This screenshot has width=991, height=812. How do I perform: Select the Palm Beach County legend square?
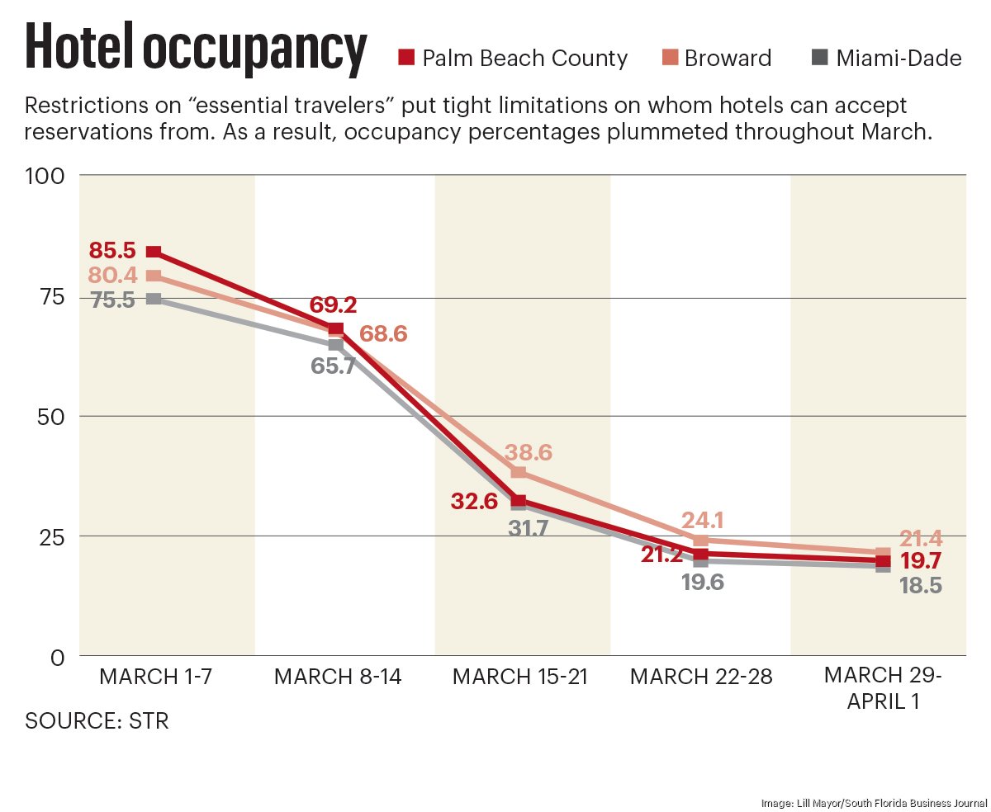(x=405, y=58)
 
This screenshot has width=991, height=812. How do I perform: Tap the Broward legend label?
(x=728, y=59)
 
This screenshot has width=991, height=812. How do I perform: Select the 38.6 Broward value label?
(x=530, y=452)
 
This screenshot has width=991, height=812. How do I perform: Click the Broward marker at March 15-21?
(x=519, y=472)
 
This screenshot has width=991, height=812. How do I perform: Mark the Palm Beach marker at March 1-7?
(x=154, y=252)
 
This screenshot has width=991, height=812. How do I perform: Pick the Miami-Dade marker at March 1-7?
(x=154, y=298)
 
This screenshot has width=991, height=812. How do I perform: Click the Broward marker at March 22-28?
(x=700, y=541)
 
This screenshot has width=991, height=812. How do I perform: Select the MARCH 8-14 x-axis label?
(x=338, y=677)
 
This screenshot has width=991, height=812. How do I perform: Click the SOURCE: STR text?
(x=97, y=720)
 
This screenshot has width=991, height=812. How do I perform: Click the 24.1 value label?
(x=704, y=521)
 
